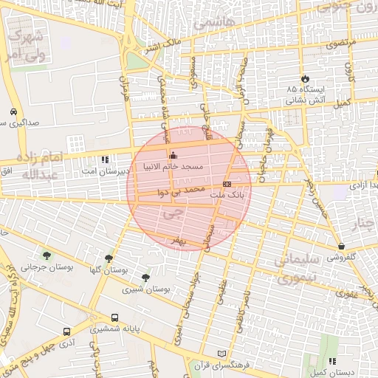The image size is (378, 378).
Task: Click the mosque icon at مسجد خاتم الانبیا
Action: (x=173, y=156)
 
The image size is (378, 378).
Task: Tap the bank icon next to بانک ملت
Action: (x=227, y=183)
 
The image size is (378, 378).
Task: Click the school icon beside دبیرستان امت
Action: (x=105, y=159)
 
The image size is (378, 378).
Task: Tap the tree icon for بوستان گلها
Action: (x=109, y=258)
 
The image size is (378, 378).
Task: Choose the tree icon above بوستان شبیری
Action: (x=145, y=278)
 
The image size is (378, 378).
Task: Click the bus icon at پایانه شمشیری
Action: (x=114, y=317)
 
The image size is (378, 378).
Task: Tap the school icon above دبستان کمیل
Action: (x=331, y=361)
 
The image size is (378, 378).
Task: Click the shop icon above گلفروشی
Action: (x=341, y=246)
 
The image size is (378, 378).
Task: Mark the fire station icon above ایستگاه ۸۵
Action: (x=303, y=78)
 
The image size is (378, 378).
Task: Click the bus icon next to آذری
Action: (x=67, y=332)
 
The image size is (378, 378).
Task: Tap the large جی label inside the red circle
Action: (x=174, y=214)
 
